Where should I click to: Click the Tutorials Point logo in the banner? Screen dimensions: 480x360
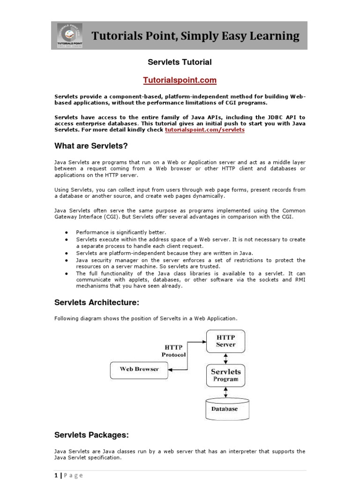[x=69, y=36]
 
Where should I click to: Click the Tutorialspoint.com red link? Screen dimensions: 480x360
[x=180, y=80]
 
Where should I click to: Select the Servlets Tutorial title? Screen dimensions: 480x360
[x=180, y=62]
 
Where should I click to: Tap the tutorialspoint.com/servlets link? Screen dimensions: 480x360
[x=204, y=130]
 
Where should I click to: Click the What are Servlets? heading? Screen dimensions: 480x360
[x=91, y=146]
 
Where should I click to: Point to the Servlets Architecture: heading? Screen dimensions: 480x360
[x=97, y=303]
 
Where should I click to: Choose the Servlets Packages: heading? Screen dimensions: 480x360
[x=91, y=435]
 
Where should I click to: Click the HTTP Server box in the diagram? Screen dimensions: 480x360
[x=225, y=341]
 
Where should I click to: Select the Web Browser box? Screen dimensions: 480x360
[x=139, y=369]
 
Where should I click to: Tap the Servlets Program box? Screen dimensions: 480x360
[x=225, y=375]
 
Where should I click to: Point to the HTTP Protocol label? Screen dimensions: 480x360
[x=173, y=351]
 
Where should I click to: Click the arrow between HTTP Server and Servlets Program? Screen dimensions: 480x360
[x=225, y=358]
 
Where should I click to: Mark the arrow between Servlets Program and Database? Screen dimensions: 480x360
[x=225, y=392]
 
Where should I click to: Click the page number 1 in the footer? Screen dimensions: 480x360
[x=56, y=475]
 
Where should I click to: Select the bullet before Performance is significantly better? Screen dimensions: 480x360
[x=67, y=232]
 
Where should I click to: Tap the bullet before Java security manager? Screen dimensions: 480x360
[x=67, y=260]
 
